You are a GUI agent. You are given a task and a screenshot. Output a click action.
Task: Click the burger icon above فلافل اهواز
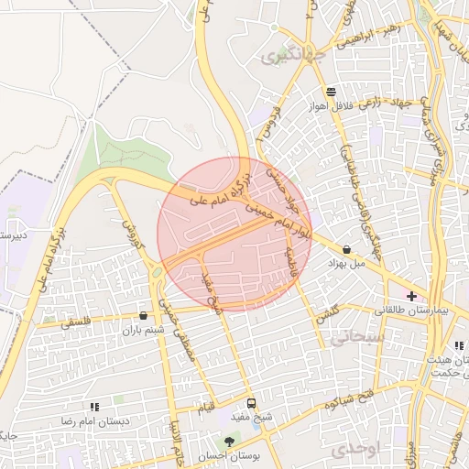click(330, 92)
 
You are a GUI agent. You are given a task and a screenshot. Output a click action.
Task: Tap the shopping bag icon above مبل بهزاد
click(346, 249)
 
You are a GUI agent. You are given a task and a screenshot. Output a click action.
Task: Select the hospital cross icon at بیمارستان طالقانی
click(411, 296)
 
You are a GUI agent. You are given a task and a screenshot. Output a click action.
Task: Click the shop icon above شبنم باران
click(142, 316)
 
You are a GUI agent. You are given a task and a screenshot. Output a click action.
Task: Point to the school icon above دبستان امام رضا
click(94, 406)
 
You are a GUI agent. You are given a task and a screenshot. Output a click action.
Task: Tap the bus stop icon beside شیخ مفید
click(252, 403)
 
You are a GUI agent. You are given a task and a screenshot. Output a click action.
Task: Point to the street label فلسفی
click(76, 322)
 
